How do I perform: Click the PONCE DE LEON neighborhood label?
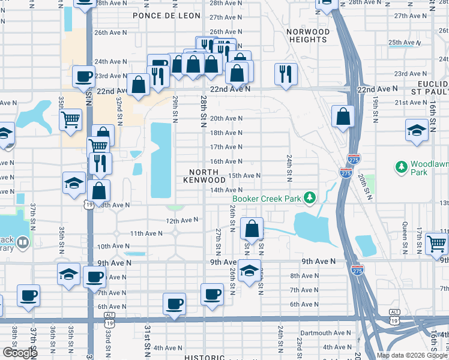[x=161, y=16]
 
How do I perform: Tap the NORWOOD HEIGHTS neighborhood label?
[x=308, y=35]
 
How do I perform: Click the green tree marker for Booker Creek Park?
[x=309, y=197]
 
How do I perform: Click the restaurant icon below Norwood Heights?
[x=285, y=74]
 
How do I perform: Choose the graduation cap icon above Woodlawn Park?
[x=416, y=130]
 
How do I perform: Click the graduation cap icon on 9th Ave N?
[x=249, y=271]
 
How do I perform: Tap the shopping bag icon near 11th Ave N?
[x=252, y=229]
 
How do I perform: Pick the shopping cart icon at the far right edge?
[x=436, y=244]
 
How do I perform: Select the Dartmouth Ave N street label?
[x=325, y=333]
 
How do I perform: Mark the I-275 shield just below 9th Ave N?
[x=357, y=271]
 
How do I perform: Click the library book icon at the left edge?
[x=22, y=242]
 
